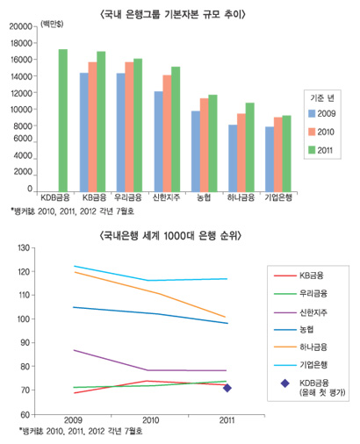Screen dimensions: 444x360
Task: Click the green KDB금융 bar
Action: tap(62, 119)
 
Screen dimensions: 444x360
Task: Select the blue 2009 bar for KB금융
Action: tap(83, 132)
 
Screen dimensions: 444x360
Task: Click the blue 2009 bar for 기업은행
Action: tap(270, 158)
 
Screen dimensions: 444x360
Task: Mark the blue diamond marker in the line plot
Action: tap(227, 387)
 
